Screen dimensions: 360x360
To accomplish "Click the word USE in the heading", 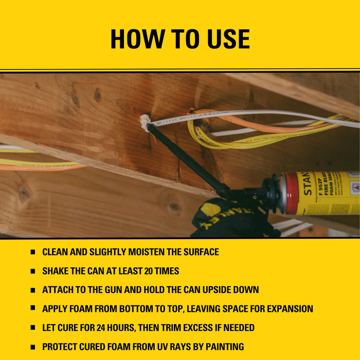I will click(226, 39).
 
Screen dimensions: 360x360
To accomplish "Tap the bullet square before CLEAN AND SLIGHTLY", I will click(32, 252).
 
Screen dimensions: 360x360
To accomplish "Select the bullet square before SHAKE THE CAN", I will click(32, 271).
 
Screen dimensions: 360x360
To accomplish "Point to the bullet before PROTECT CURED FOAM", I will click(32, 347).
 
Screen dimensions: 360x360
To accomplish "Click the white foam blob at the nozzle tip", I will click(146, 122).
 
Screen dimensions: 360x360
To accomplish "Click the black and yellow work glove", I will click(226, 219).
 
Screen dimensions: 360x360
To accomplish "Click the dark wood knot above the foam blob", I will click(97, 95).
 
